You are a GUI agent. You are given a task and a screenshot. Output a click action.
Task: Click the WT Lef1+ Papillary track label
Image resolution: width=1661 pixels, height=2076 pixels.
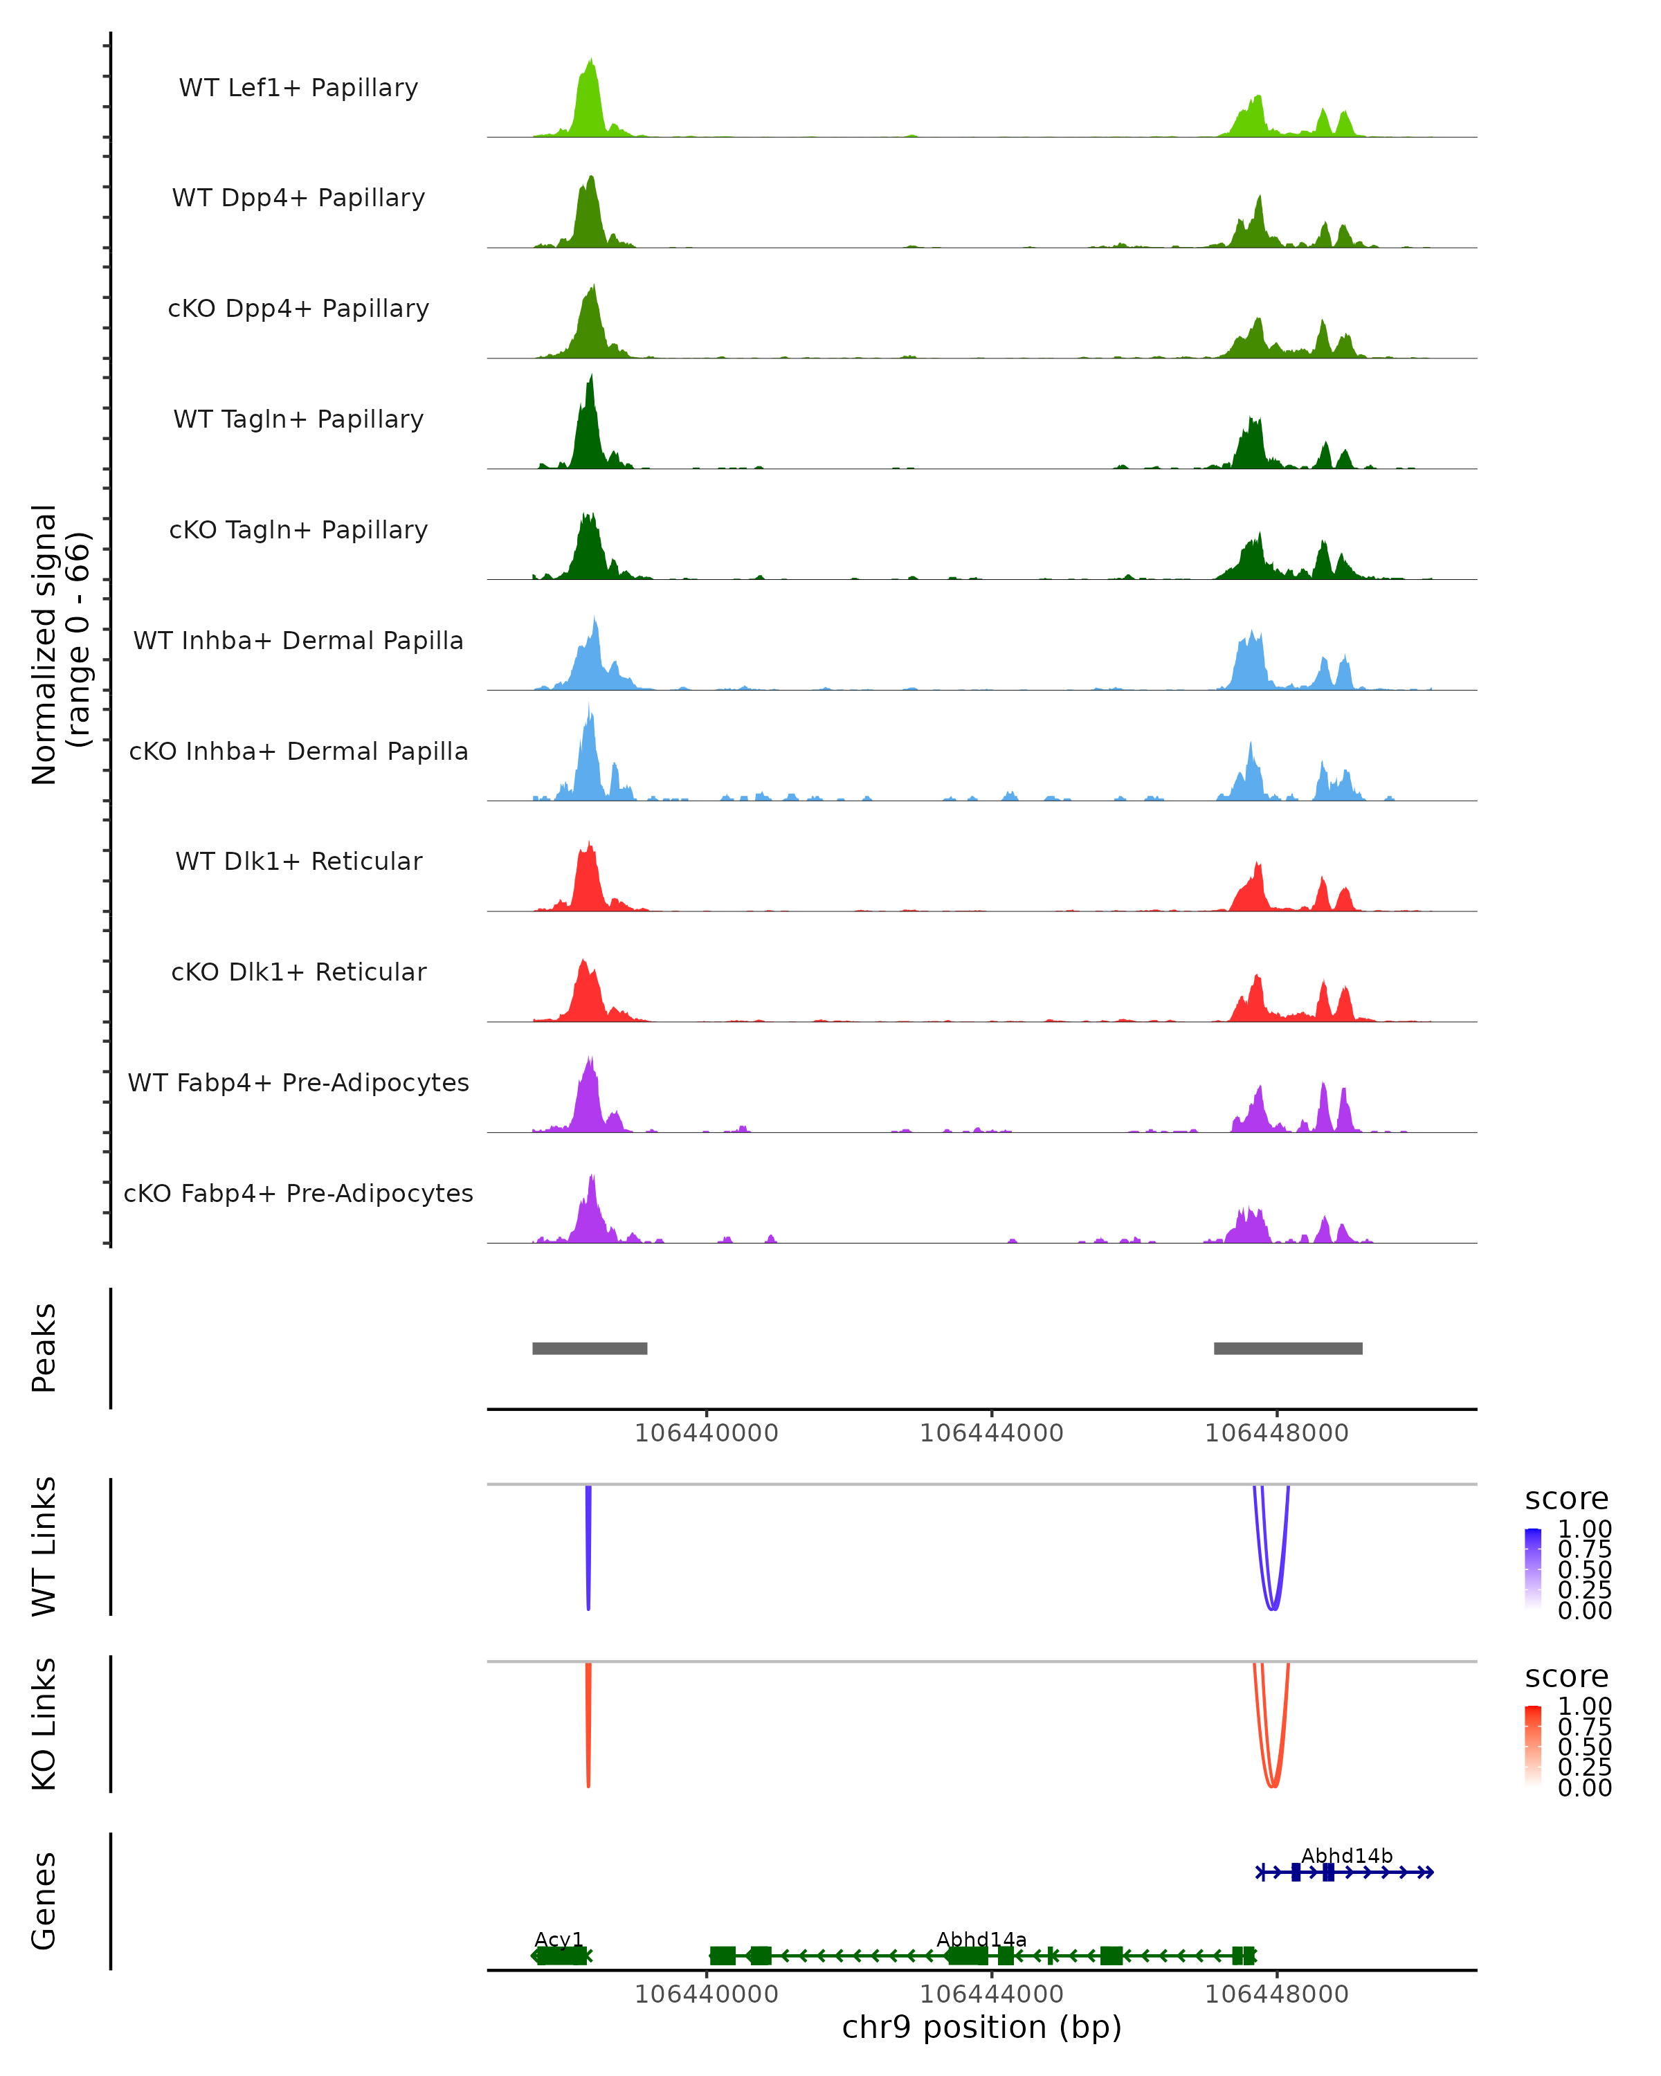click(298, 88)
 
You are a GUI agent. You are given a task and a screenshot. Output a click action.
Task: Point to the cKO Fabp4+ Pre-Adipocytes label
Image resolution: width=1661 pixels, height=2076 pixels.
click(298, 1193)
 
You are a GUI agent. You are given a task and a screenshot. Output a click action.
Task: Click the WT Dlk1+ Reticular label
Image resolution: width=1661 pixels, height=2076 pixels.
click(298, 861)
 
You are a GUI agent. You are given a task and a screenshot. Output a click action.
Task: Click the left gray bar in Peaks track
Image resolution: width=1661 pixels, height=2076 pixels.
click(589, 1348)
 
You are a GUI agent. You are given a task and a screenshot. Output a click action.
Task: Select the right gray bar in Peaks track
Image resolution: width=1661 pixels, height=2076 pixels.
click(1287, 1348)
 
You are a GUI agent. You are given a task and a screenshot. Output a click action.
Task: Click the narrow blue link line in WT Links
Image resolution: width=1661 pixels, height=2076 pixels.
click(588, 1550)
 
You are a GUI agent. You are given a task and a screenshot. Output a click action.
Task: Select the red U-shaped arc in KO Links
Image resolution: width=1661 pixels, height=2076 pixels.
click(1272, 1781)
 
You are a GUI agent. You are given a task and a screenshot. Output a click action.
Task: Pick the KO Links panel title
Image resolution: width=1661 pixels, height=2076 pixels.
click(44, 1724)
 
